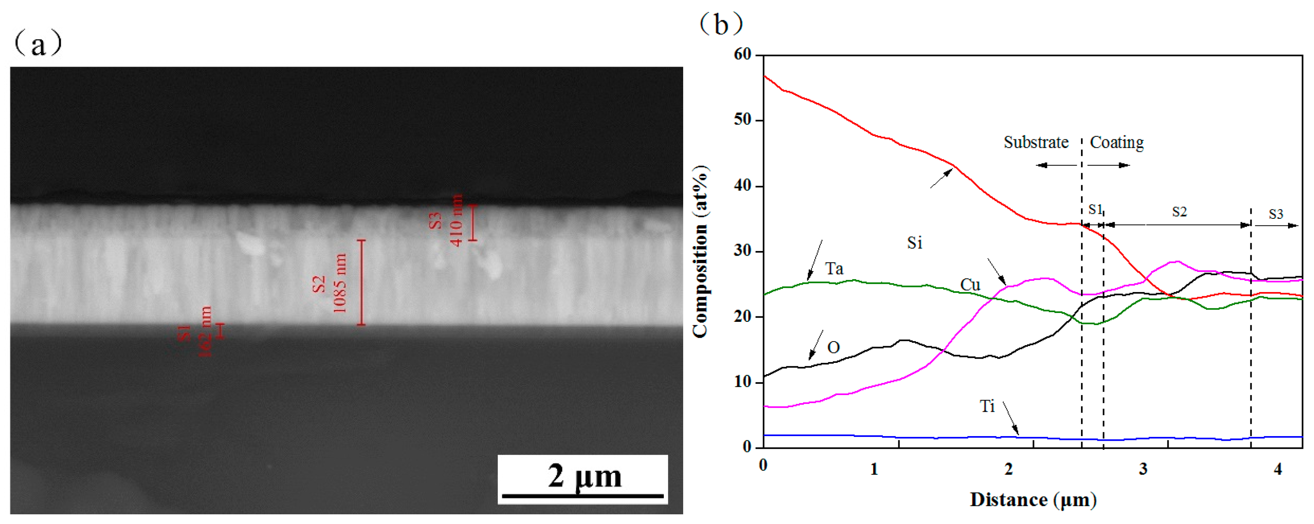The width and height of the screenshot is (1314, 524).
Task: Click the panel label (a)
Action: coord(38,45)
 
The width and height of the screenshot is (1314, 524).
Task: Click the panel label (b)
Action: coord(720,24)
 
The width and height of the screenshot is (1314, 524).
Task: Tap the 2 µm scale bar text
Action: coord(585,476)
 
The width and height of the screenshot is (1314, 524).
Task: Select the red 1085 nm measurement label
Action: coord(340,283)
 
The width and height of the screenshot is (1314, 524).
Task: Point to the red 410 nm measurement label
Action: coord(456,220)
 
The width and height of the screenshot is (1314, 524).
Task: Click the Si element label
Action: coord(915,243)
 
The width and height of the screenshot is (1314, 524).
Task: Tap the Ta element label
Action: coord(834,269)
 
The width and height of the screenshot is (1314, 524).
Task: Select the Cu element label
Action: coord(970,285)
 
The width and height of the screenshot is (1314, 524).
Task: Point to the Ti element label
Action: coord(987,406)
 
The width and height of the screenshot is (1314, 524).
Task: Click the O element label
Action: coord(833,348)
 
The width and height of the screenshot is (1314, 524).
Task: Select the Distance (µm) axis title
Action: coord(1033,500)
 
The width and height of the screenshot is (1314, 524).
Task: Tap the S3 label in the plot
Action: coord(1276,214)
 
